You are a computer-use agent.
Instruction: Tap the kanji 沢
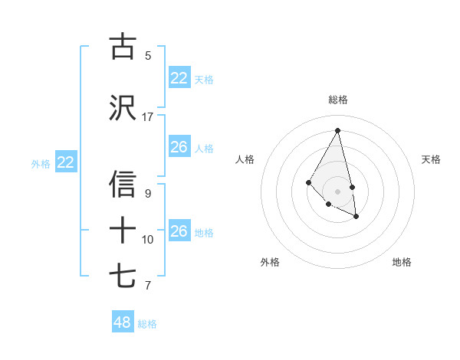[x=123, y=107]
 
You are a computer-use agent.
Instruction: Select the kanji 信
[x=123, y=185]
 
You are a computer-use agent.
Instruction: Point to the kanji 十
[x=123, y=229]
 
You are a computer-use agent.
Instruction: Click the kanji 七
[x=123, y=276]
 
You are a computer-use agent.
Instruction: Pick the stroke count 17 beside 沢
[x=148, y=117]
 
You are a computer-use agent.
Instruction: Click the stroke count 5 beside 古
[x=148, y=55]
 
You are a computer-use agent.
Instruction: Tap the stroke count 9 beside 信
[x=148, y=194]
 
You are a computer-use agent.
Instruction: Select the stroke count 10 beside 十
[x=148, y=240]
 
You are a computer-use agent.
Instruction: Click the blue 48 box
[x=123, y=322]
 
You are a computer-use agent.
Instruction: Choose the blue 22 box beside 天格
[x=179, y=78]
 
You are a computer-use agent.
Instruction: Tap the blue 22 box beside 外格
[x=65, y=162]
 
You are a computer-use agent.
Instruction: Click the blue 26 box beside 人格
[x=179, y=147]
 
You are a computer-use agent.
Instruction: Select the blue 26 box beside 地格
[x=179, y=231]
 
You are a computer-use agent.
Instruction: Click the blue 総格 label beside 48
[x=147, y=324]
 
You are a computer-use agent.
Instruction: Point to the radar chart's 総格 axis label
[x=338, y=100]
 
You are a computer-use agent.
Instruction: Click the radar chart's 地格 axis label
[x=402, y=262]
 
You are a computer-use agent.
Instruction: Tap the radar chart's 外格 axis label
[x=270, y=262]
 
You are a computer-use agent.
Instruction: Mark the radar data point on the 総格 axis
[x=338, y=130]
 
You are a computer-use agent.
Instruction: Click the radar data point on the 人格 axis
[x=309, y=182]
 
